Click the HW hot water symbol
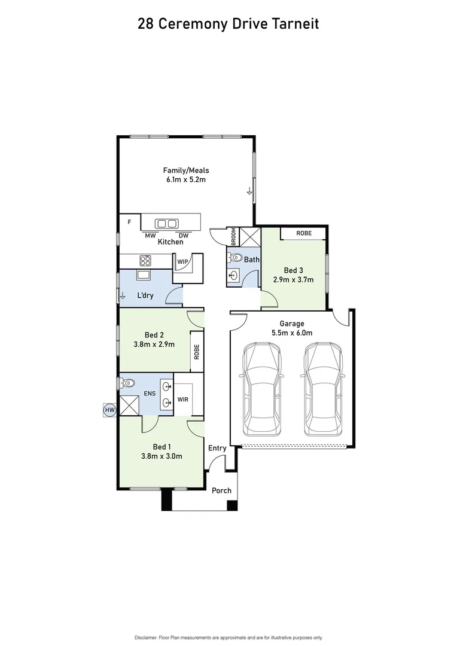tap(109, 410)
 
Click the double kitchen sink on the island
tap(166, 224)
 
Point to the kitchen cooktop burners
tap(145, 260)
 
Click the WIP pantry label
tap(182, 261)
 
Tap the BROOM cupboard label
tap(233, 237)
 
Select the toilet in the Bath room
tap(233, 258)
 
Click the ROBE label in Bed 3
tap(304, 233)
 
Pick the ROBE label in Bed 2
tap(196, 351)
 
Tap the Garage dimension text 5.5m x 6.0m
tap(292, 333)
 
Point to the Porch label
tap(221, 490)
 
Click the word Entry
tap(217, 448)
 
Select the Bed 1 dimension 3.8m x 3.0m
tap(162, 456)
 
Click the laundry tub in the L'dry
tap(144, 275)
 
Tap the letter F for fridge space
tap(129, 222)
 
